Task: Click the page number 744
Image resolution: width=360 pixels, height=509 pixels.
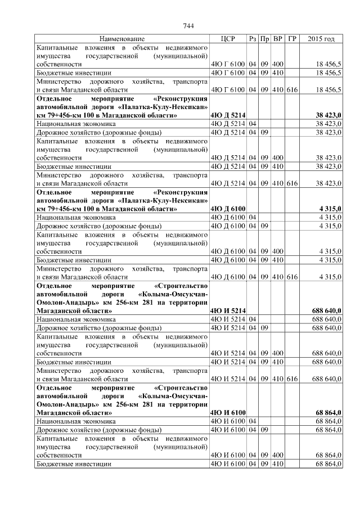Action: point(188,26)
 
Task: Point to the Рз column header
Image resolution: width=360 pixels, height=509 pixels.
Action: point(253,39)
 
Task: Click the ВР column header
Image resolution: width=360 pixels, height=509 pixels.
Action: point(278,39)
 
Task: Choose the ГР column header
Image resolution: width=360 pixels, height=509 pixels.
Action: point(292,39)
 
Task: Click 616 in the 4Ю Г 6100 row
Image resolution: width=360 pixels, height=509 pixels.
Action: point(292,89)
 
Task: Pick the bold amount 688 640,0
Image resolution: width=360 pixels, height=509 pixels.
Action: point(326,310)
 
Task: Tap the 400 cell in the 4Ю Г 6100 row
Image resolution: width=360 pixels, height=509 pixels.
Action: point(278,65)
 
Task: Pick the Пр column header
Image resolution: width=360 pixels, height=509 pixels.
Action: point(264,39)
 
